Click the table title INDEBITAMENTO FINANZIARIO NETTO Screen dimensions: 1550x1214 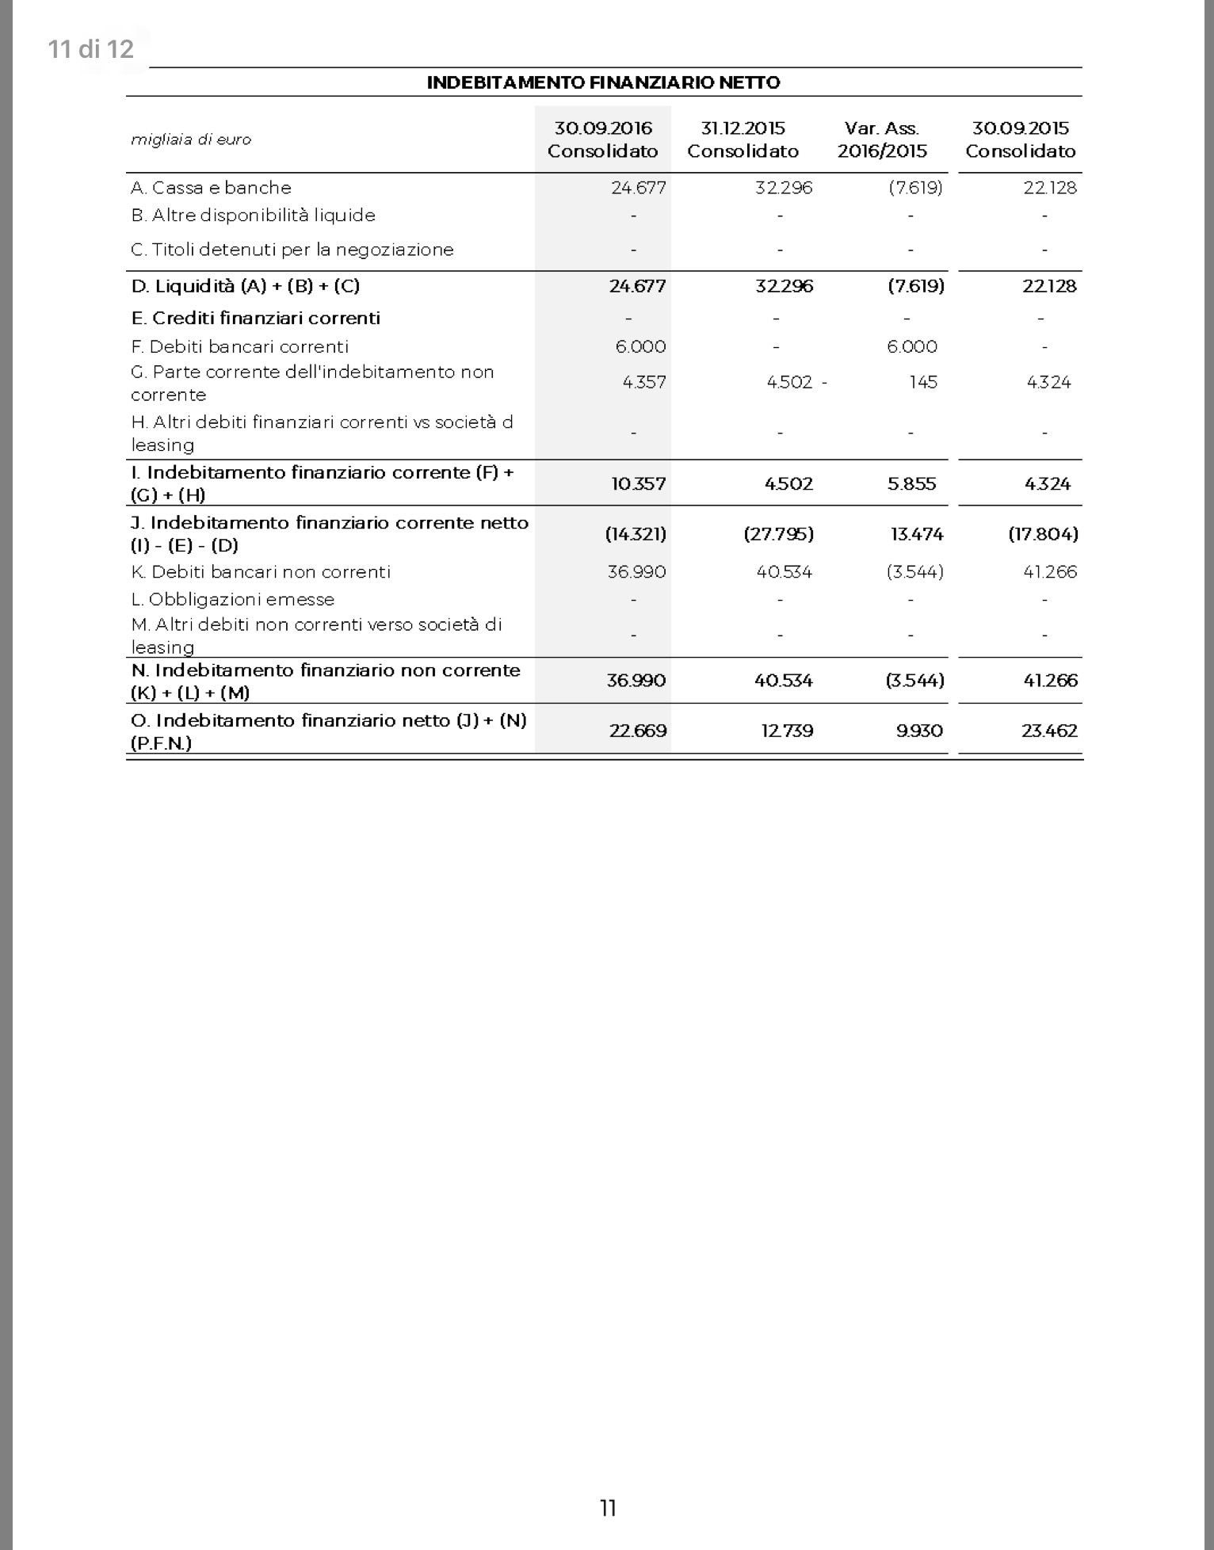tap(603, 82)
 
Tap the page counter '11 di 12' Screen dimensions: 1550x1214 tap(90, 49)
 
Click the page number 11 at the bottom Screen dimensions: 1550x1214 tap(608, 1508)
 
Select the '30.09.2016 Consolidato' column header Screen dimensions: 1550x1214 tap(603, 139)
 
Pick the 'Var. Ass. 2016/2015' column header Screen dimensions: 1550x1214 tap(882, 139)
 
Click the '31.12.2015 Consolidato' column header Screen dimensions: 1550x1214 tap(743, 139)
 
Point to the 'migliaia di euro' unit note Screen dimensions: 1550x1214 tap(191, 139)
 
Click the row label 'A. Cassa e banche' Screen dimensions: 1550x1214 tap(211, 188)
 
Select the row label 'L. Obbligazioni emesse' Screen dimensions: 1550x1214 tap(233, 599)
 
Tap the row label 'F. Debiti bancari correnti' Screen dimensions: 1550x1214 tap(239, 346)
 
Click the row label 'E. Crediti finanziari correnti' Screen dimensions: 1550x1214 tap(255, 318)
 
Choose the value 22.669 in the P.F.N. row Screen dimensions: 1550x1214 tap(638, 731)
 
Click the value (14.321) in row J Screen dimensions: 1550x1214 tap(636, 534)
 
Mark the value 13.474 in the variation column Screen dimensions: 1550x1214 tap(917, 534)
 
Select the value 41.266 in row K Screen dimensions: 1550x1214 tap(1050, 572)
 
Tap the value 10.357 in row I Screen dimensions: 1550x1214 tap(638, 483)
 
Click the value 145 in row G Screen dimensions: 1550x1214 tap(923, 382)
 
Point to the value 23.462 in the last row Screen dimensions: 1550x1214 tap(1049, 731)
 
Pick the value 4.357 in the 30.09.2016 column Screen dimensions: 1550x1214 tap(643, 382)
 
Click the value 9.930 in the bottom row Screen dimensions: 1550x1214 tap(919, 731)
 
